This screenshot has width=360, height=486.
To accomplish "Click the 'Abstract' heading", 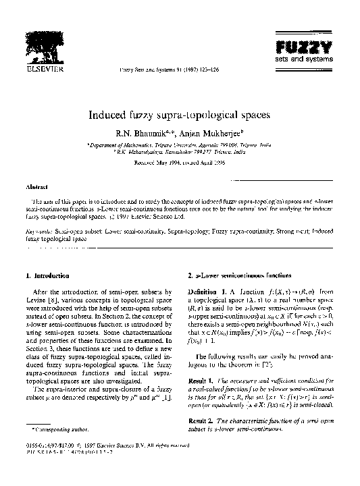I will point(36,185).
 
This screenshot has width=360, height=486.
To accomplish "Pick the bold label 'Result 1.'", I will point(206,381).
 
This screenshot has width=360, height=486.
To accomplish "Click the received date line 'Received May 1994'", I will point(180,162).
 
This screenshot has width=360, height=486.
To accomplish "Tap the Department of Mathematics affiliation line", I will point(180,145).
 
